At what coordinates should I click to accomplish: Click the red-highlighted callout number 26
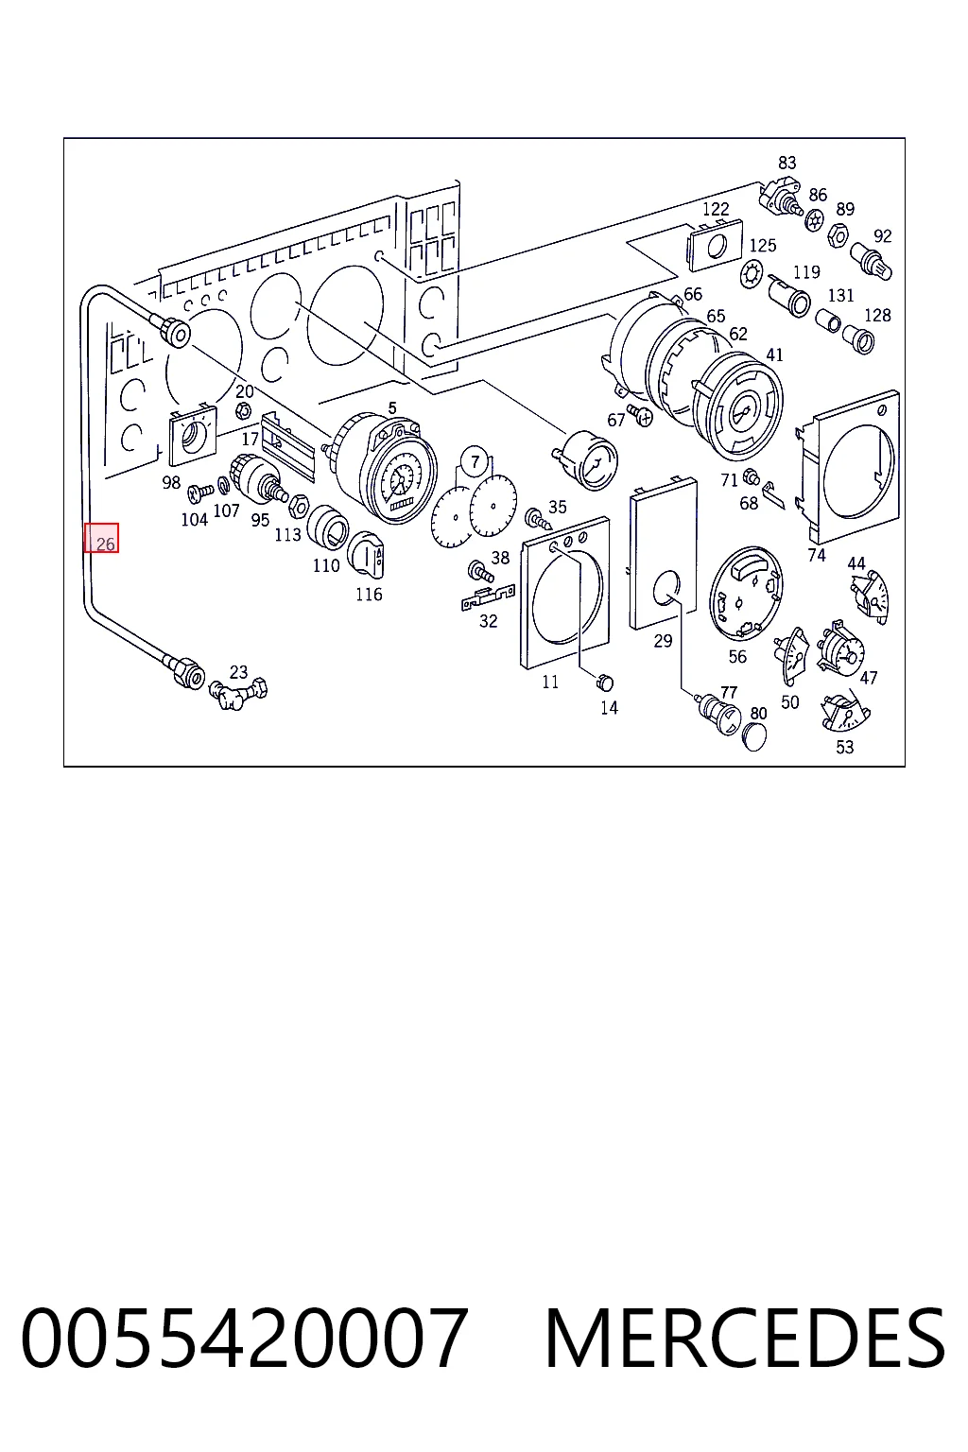coord(105,544)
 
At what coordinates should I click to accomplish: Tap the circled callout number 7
coord(475,462)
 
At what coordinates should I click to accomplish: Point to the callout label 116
coord(369,595)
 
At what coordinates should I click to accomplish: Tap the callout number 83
coord(787,163)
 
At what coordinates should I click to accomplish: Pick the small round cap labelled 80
coord(754,737)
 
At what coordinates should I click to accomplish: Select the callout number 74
coord(817,555)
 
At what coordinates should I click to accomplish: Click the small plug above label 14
coord(604,683)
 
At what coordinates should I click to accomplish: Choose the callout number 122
coord(716,209)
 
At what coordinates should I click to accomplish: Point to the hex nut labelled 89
coord(838,234)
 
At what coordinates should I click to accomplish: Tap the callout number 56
coord(737,657)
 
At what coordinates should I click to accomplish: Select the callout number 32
coord(488,621)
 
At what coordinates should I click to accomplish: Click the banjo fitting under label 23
coord(237,694)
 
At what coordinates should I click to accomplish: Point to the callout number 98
coord(171,483)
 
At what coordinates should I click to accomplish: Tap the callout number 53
coord(844,748)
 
